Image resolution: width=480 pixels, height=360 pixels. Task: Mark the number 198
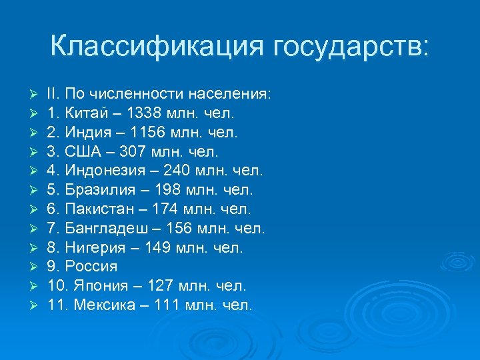coord(164,189)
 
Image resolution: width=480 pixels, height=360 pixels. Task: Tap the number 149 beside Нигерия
coord(155,247)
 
